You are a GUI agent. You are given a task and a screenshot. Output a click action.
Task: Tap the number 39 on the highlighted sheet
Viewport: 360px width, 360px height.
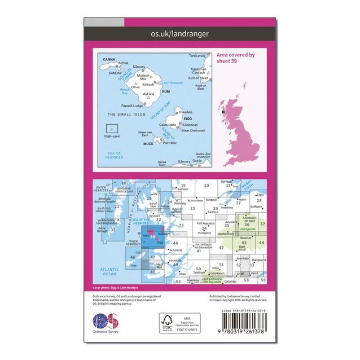[152, 236]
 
